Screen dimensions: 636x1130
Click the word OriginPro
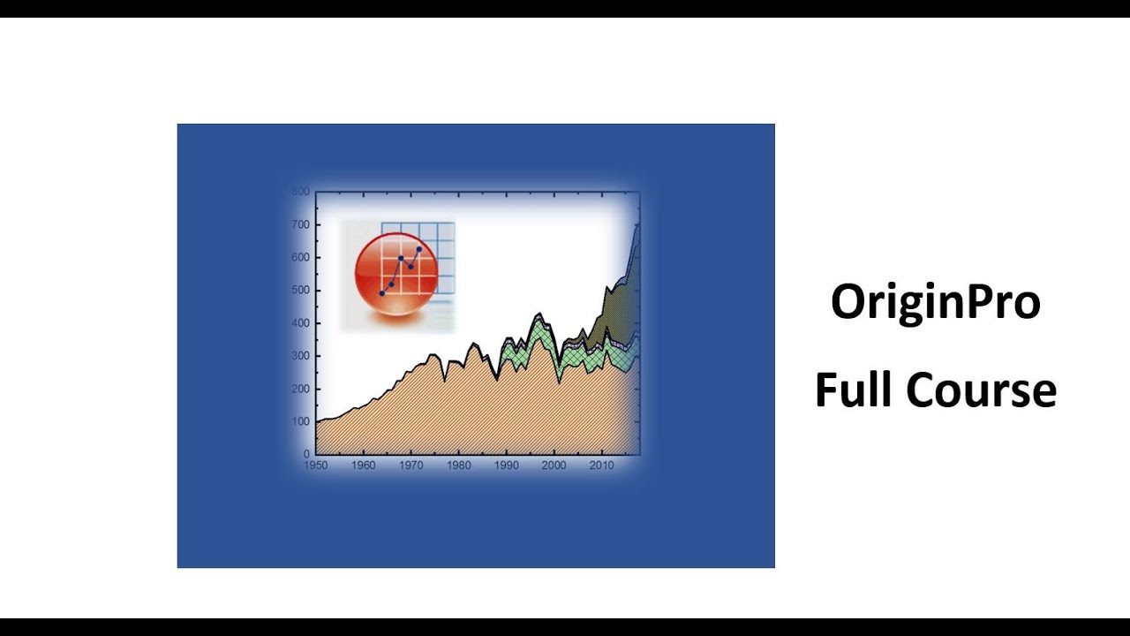(935, 303)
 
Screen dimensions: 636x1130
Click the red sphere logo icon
(396, 274)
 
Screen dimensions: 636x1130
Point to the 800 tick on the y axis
(300, 192)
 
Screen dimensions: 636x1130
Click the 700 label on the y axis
(300, 225)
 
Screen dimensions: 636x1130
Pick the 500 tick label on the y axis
(300, 291)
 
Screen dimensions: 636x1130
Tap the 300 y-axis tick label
(300, 356)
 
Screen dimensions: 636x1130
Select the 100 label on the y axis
(300, 421)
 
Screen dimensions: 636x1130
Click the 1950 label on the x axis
(316, 466)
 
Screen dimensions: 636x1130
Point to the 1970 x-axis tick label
(411, 466)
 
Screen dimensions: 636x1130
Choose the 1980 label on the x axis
(459, 466)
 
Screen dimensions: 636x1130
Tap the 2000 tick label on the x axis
(554, 466)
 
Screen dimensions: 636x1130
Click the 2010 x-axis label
(601, 466)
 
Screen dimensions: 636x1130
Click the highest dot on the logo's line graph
(419, 249)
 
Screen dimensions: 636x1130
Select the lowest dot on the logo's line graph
(382, 293)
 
